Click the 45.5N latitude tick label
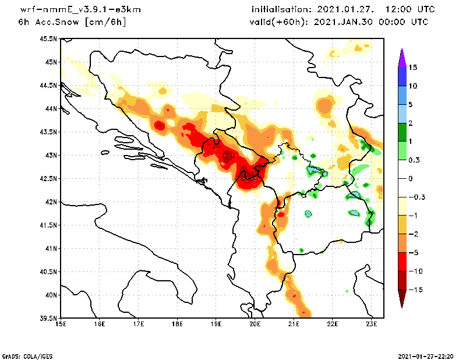48,38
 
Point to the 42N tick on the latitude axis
51,202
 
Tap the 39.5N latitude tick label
48,318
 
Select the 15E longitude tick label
61,324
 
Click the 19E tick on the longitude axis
216,324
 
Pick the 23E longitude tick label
372,324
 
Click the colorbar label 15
412,67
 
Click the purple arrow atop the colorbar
401,57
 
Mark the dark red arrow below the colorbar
401,298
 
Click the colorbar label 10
412,86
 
